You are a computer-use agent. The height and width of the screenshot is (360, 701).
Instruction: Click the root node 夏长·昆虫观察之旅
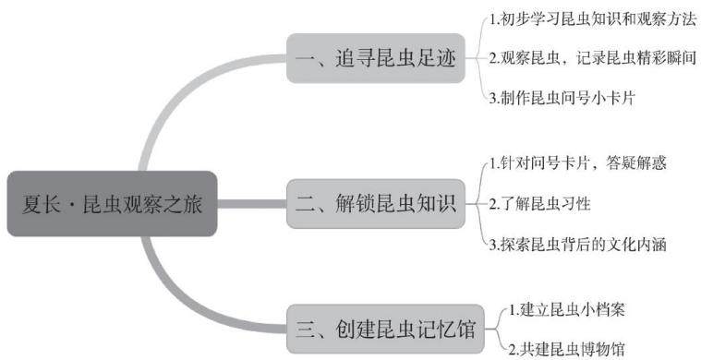pos(112,204)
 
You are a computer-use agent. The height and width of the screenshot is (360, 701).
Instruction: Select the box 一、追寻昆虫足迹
pos(376,58)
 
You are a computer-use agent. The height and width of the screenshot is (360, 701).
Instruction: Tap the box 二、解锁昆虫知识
pos(376,204)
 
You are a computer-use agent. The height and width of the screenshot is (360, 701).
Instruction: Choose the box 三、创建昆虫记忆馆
pos(385,330)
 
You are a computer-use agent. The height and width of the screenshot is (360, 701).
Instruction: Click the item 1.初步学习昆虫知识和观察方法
pos(593,19)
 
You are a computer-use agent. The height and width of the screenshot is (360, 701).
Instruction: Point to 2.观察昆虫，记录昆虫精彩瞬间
pos(593,58)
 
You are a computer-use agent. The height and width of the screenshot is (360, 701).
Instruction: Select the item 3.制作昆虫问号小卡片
pos(562,98)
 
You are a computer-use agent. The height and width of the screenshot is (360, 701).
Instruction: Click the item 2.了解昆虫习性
pos(540,204)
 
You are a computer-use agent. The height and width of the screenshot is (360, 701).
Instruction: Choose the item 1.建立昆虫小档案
pos(566,310)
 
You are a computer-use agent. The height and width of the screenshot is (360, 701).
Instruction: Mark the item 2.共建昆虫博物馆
pos(566,348)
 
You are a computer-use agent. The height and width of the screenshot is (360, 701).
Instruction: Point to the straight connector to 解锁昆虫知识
pos(252,204)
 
